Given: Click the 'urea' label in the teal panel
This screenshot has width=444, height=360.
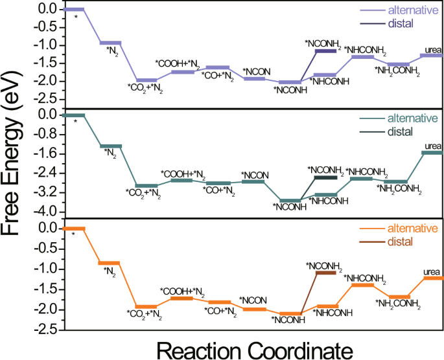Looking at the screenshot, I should coord(432,145).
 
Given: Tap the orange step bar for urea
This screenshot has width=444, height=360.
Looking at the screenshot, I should coord(432,278).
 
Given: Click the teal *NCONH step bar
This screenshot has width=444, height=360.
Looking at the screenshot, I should coord(290,201).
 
